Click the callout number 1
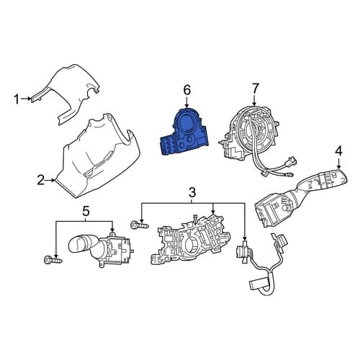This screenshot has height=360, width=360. [17, 99]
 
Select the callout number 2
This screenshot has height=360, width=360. [40, 180]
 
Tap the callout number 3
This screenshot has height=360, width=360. [192, 192]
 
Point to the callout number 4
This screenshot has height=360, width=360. [338, 151]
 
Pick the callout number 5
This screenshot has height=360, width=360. [86, 211]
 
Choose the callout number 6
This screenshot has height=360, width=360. [187, 90]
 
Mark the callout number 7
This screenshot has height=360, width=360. [255, 89]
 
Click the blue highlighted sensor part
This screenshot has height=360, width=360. [184, 132]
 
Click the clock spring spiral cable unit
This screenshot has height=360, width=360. [254, 135]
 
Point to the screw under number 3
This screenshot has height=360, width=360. [140, 225]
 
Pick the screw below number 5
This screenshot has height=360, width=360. [53, 260]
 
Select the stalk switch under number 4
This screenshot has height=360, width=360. [300, 196]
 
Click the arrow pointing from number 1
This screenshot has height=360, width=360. [25, 99]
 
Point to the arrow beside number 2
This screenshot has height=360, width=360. [50, 180]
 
